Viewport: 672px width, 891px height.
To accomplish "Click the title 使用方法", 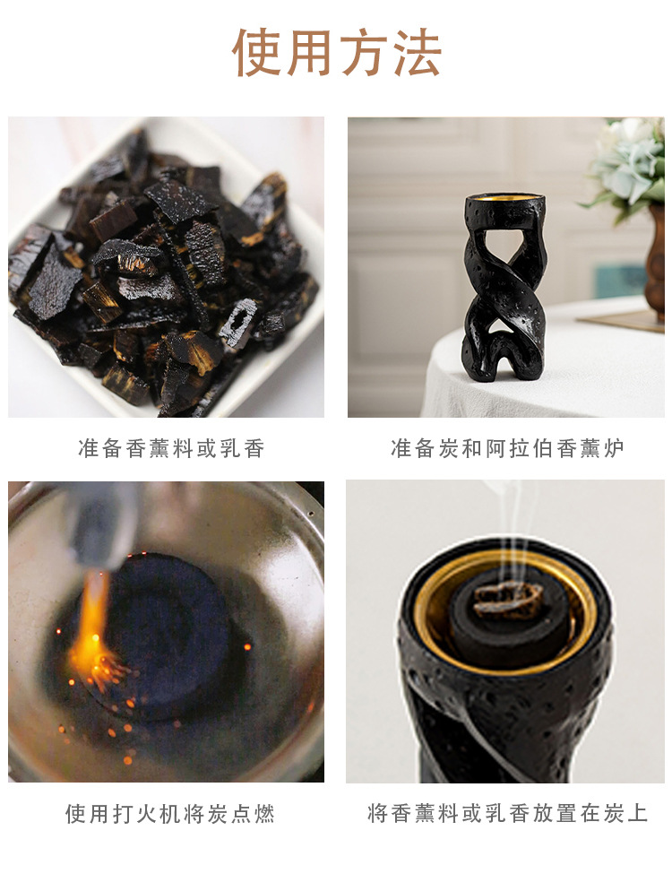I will coord(336,53).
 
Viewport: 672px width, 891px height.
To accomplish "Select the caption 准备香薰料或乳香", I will coord(171,449).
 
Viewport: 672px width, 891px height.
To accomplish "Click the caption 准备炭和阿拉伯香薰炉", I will coord(507,449).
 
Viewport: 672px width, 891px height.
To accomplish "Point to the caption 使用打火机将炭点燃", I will coord(169,814).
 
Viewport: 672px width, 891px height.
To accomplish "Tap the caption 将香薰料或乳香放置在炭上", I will coord(507,814).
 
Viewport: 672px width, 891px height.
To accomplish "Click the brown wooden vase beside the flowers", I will coord(656,260).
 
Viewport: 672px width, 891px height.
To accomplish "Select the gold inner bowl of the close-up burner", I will coord(439,610).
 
